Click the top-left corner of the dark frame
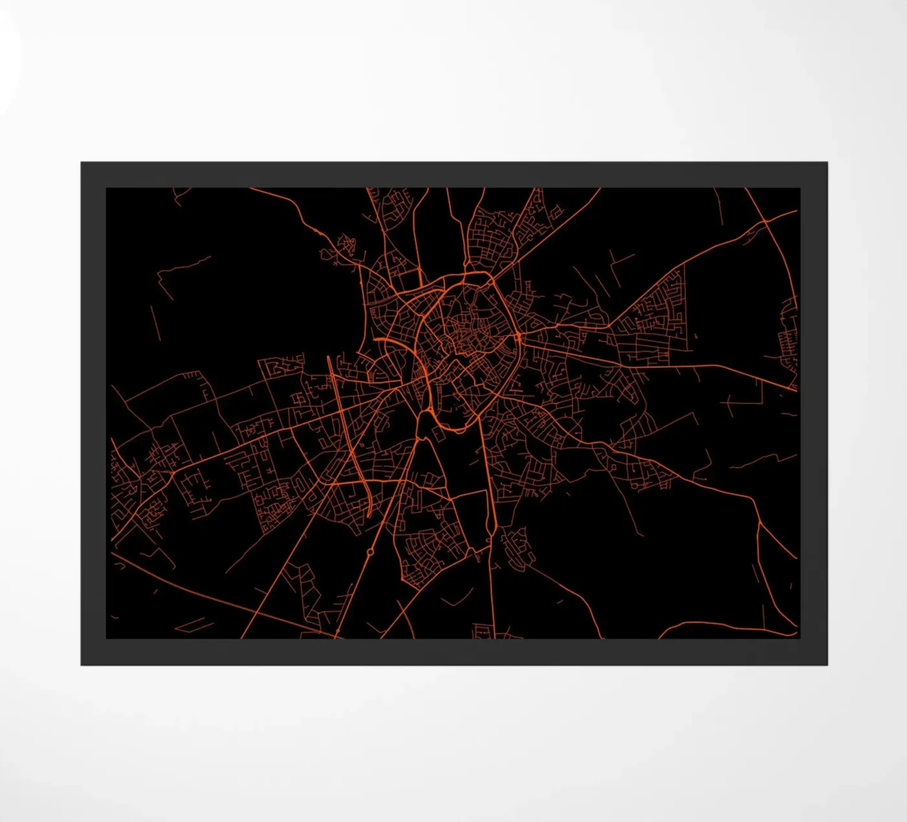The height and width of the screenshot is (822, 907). click(82, 163)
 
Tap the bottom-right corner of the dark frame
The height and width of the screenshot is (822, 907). click(827, 665)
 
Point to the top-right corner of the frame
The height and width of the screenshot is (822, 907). click(827, 163)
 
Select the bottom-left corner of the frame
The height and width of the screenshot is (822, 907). click(82, 665)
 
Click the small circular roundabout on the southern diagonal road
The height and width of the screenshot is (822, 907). click(370, 552)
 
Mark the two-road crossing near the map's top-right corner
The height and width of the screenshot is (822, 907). click(764, 222)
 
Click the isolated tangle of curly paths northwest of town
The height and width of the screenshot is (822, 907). click(347, 246)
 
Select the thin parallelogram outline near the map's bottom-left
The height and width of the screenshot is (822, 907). click(194, 625)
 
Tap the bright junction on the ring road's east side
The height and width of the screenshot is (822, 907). click(518, 337)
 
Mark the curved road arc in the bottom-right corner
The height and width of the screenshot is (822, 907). click(726, 626)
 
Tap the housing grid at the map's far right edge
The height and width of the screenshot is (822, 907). click(790, 337)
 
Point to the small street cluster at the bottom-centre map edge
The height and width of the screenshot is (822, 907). click(485, 631)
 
